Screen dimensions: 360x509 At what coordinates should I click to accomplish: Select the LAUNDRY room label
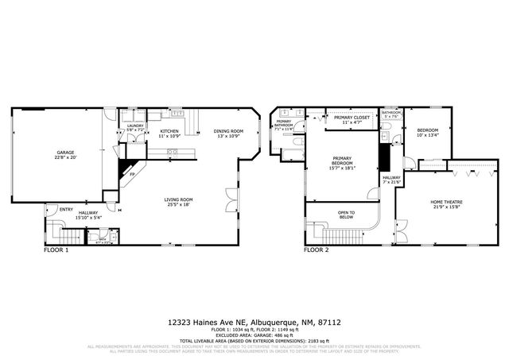point(134,126)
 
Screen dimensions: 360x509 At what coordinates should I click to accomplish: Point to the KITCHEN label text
point(170,131)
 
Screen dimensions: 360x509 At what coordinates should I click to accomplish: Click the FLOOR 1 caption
point(56,250)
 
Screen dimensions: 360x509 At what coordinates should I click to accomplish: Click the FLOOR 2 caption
point(316,250)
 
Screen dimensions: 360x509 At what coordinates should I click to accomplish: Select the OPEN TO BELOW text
point(346,212)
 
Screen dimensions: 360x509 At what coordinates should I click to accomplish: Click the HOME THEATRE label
point(447,203)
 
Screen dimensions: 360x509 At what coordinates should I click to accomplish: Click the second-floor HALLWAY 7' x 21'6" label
point(391,179)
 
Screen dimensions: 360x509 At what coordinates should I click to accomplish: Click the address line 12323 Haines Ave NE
point(211,323)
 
